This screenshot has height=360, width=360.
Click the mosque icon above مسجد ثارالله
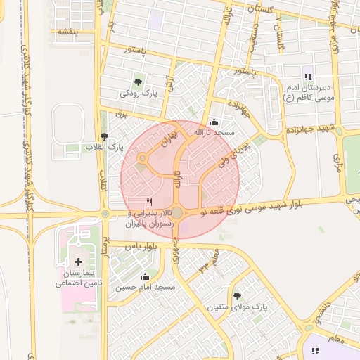(x=214, y=122)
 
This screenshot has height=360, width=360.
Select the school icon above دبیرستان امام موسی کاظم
(x=307, y=76)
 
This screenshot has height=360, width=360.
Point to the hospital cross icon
(x=77, y=262)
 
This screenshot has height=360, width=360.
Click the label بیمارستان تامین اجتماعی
(x=79, y=278)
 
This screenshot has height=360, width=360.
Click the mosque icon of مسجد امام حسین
(x=145, y=277)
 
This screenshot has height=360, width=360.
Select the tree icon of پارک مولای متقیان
(x=237, y=296)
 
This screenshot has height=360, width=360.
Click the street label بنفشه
(x=67, y=32)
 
